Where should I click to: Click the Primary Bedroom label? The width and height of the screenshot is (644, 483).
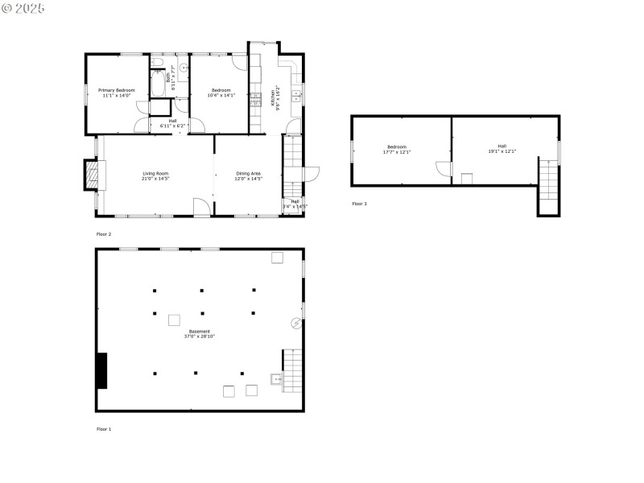[116, 93]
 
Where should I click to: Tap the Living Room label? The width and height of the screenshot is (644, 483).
[155, 175]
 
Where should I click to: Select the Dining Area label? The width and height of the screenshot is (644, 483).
[248, 175]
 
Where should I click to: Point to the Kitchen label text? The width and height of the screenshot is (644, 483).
[275, 98]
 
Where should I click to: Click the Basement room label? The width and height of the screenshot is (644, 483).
[200, 333]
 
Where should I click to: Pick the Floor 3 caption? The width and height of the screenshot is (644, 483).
[359, 204]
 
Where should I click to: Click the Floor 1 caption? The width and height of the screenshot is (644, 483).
[104, 429]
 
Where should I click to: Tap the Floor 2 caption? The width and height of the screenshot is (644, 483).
[104, 233]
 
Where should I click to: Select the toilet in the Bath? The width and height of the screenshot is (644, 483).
[159, 64]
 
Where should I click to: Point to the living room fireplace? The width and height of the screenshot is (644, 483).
[94, 175]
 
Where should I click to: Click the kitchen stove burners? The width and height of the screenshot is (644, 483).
[257, 100]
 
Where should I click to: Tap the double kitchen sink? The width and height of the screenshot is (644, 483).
[296, 95]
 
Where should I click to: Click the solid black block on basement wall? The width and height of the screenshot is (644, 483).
[102, 370]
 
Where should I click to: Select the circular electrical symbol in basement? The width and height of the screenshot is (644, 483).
[296, 324]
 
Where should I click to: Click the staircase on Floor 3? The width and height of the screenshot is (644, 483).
[547, 185]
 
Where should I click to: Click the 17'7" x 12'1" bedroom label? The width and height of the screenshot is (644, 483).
[397, 149]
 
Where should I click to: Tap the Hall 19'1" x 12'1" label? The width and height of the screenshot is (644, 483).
[502, 149]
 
